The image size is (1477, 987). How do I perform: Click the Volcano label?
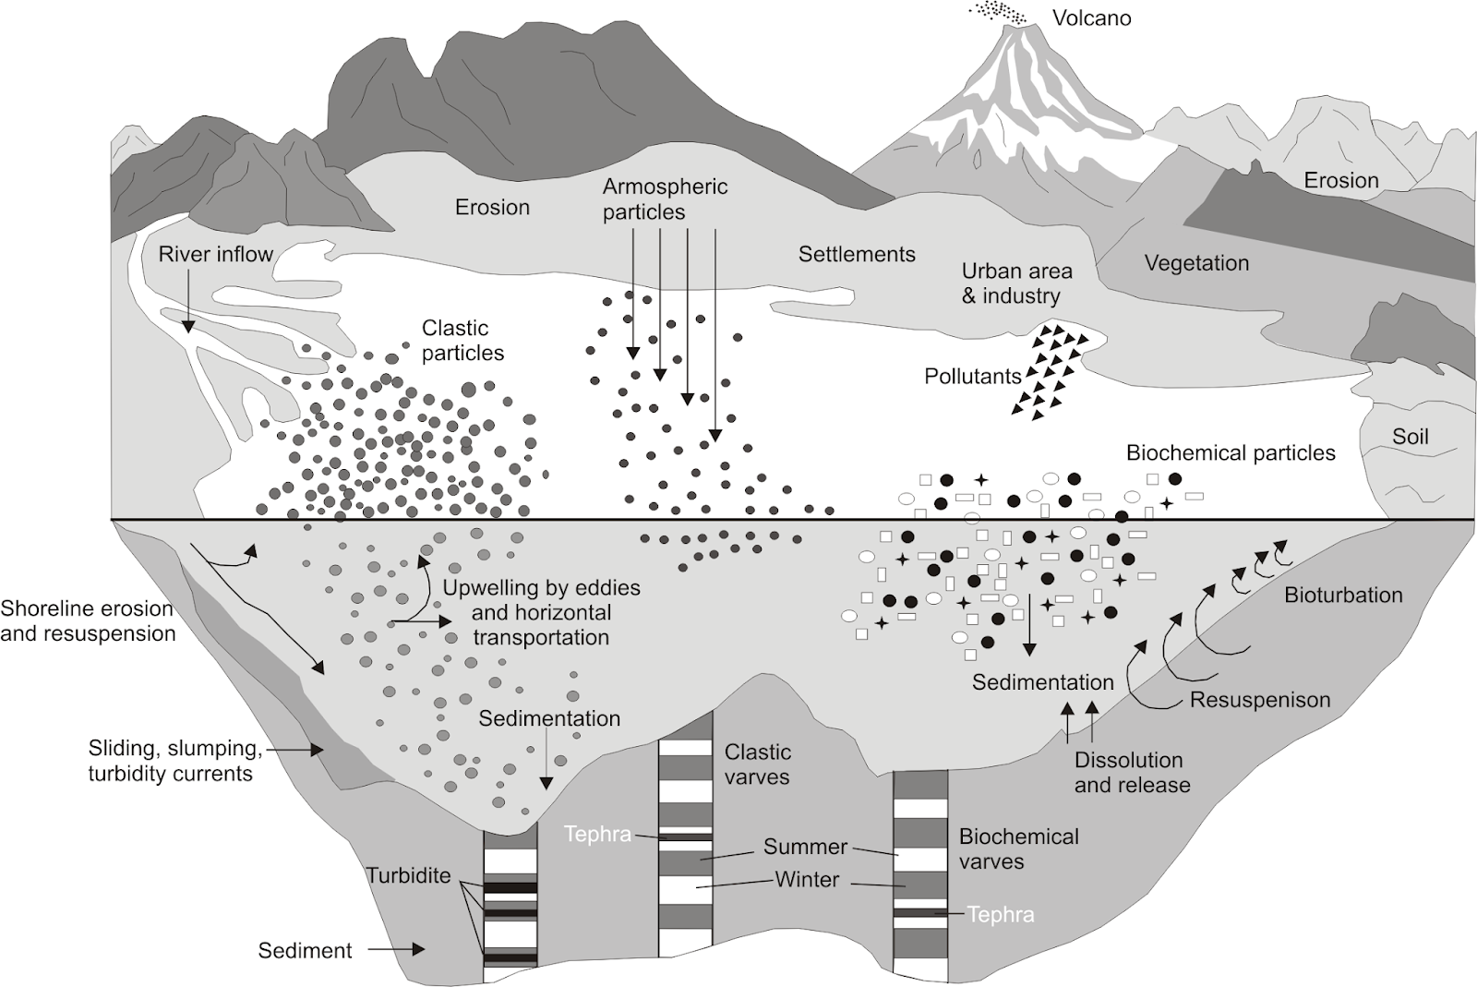point(1091,18)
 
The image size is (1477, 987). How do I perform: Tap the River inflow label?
point(215,255)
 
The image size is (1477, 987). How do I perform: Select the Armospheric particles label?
point(665,199)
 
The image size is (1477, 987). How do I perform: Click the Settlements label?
point(857,255)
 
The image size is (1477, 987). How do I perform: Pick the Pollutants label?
point(973,377)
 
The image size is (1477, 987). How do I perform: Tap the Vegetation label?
point(1196,263)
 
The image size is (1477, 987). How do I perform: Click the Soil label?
point(1410,437)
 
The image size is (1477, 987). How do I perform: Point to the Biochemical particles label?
point(1231,453)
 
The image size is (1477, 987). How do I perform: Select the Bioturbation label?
point(1343,596)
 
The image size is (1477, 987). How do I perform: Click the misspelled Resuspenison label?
point(1260,700)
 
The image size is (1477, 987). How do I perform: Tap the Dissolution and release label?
point(1132,773)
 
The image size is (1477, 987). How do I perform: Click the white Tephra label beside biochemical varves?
point(1001,915)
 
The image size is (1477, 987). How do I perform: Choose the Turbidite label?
point(408,875)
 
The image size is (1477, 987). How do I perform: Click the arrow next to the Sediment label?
point(396,949)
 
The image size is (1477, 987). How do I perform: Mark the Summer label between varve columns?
point(805,847)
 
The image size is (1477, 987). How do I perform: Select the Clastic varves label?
point(757,764)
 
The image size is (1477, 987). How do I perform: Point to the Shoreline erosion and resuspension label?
point(88,621)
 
